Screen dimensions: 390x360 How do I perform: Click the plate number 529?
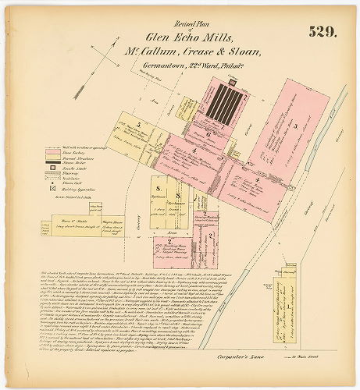(x=323, y=32)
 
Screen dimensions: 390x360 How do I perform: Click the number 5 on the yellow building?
(x=137, y=125)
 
